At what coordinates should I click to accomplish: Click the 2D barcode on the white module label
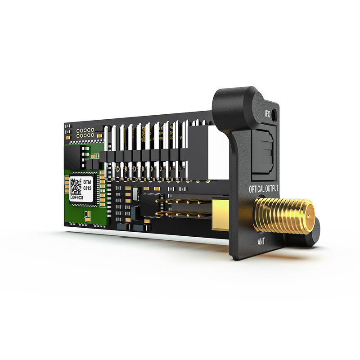point(75,186)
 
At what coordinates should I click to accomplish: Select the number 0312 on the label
point(88,189)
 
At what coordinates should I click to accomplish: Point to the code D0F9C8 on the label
point(80,197)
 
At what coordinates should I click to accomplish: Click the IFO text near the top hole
point(267,112)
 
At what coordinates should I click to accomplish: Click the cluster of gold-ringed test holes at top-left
point(85,132)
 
